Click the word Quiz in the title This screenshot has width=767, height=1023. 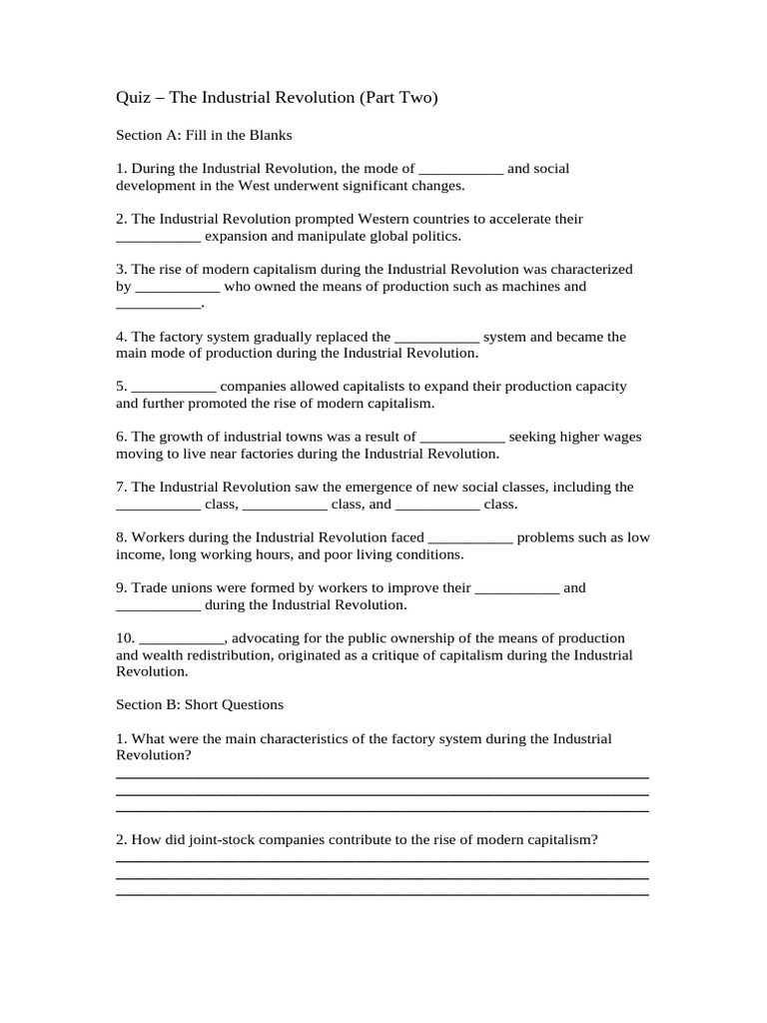135,98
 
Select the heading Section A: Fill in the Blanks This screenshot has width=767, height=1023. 204,135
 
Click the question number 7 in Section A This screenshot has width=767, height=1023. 121,487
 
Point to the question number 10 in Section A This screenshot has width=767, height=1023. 125,637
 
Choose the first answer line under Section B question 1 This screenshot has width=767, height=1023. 383,776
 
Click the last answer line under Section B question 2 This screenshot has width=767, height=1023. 383,893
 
